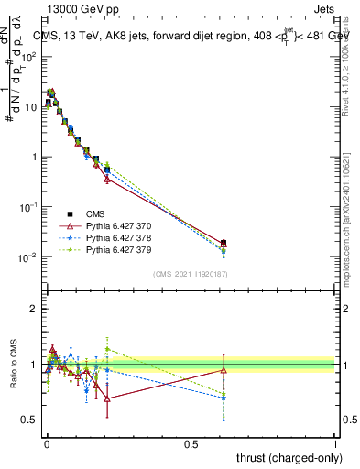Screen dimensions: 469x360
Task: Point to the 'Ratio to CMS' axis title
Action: point(12,365)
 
